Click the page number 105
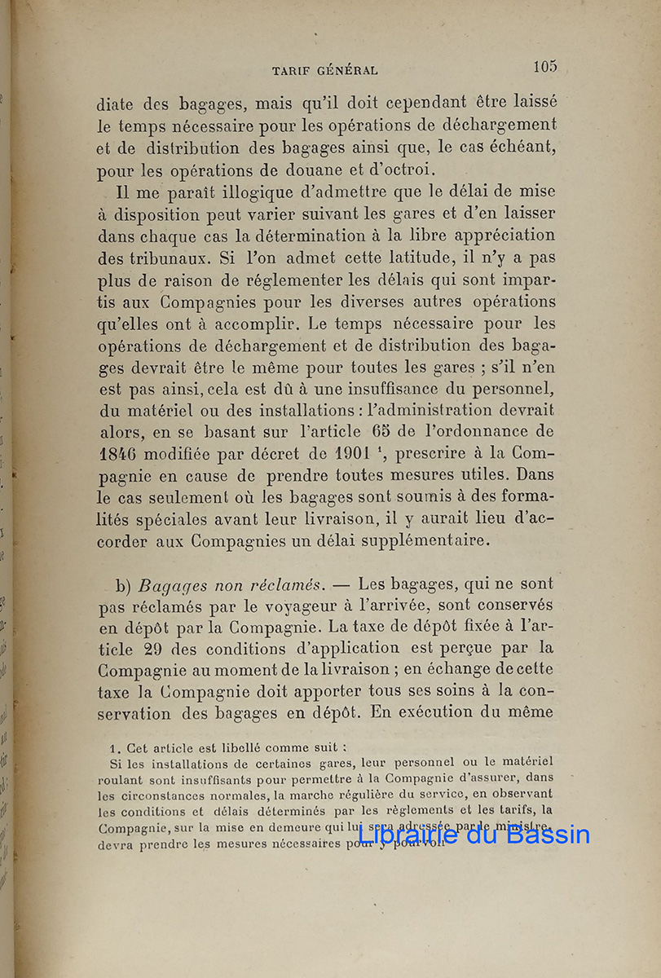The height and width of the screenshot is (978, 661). tap(545, 67)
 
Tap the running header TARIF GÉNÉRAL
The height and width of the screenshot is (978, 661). tap(324, 71)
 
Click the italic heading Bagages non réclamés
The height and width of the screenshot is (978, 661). tap(231, 584)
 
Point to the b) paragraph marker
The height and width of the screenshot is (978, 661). tap(123, 584)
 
